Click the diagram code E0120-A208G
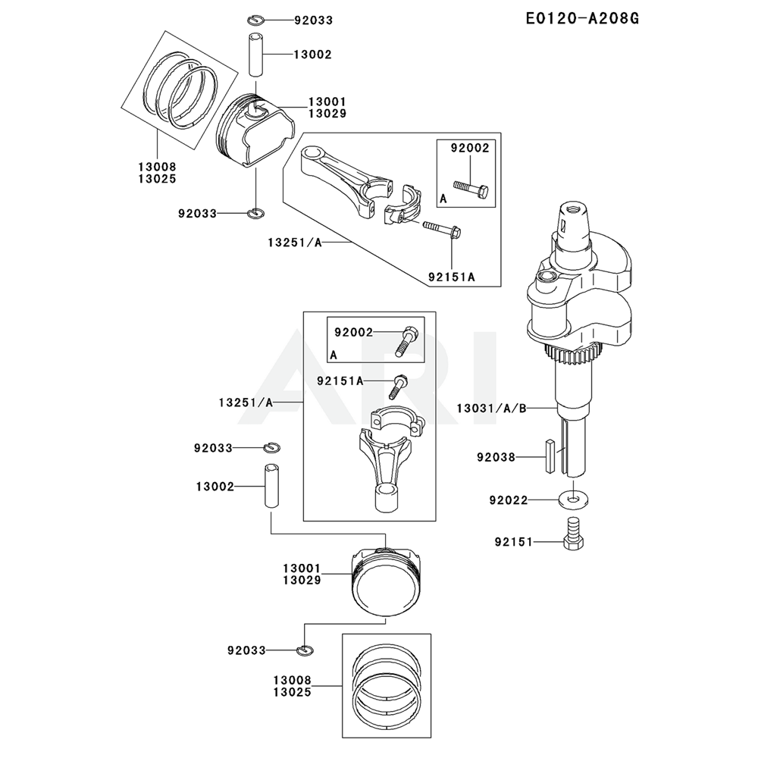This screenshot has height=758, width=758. click(581, 18)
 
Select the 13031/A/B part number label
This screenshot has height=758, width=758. click(491, 408)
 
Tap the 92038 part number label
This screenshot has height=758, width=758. click(496, 457)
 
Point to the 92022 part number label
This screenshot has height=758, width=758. click(509, 500)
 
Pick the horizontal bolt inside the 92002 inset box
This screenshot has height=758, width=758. click(470, 185)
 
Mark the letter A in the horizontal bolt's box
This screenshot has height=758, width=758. click(443, 198)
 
